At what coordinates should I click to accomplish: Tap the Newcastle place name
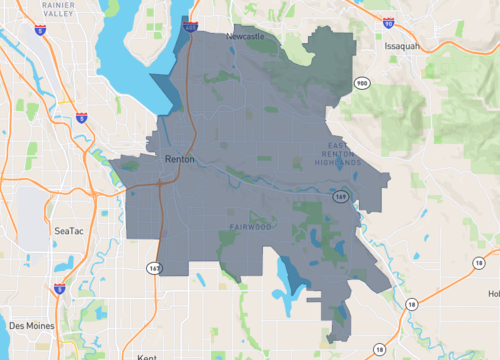tap(245, 36)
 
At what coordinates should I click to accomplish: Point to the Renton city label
tap(179, 158)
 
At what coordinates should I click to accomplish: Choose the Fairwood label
tap(250, 227)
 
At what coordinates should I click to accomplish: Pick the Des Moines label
tap(31, 325)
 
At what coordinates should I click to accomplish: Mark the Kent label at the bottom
tap(148, 355)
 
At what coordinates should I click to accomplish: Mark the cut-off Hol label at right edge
tap(493, 294)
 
